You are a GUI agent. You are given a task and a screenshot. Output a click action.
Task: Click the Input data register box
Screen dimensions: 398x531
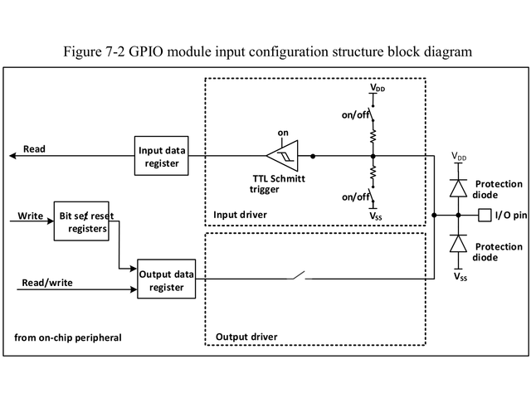163,155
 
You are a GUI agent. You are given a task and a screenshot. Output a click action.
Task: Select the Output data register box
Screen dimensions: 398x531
167,281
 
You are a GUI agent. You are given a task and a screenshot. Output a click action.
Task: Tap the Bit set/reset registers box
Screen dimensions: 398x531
80,221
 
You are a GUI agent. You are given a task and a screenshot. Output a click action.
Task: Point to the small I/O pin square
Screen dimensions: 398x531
485,216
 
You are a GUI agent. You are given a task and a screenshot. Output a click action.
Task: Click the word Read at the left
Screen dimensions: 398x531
34,149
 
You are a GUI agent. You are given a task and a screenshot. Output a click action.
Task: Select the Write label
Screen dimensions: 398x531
31,216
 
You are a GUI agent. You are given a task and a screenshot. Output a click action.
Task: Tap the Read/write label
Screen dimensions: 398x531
47,283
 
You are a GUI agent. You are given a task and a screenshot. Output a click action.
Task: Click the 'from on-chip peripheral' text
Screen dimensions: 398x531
68,337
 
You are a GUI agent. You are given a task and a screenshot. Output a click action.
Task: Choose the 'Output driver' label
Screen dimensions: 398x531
246,337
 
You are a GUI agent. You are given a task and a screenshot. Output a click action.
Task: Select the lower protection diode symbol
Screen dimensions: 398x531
458,243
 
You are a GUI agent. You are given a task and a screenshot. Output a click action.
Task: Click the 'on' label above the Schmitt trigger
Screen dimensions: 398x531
282,133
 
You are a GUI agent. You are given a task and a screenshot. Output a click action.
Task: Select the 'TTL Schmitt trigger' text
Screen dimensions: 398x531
278,183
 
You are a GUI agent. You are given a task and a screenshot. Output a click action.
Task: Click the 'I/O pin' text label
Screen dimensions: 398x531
511,216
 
